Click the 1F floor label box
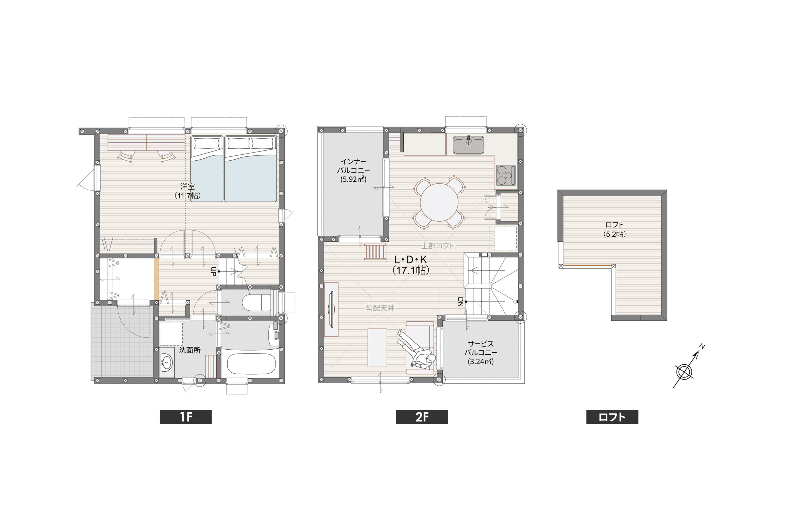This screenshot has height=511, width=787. pos(186,417)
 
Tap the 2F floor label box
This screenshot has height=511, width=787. pos(422,417)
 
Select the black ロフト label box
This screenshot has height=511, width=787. pos(612,417)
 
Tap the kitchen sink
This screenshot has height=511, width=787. pos(468,145)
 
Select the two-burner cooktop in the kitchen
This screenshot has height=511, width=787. pos(506,175)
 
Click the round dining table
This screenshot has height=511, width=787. pos(439,202)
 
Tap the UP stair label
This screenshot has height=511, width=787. pos(213,272)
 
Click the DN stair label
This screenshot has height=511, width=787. pos(460,302)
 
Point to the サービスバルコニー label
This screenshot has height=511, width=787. pos(480,353)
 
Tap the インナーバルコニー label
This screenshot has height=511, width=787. pos(353,170)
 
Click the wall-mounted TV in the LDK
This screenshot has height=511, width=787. pos(331,309)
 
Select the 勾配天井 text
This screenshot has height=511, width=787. pos(380,308)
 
